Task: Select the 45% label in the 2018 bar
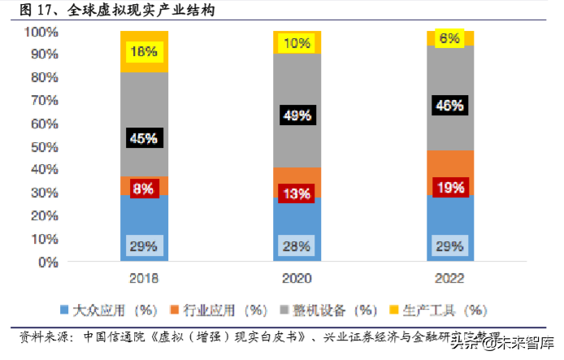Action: click(144, 138)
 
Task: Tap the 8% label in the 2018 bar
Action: click(144, 189)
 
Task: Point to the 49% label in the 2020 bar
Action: click(297, 115)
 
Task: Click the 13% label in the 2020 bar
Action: click(297, 193)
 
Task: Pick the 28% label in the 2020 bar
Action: click(297, 245)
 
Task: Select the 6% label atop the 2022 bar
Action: click(449, 37)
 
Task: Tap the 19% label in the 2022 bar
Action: click(449, 188)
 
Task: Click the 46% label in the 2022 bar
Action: click(449, 105)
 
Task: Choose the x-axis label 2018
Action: click(144, 278)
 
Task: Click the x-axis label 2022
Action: click(449, 278)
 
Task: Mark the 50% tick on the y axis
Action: click(44, 147)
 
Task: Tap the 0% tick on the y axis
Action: click(47, 262)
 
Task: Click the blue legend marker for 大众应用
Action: click(65, 310)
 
